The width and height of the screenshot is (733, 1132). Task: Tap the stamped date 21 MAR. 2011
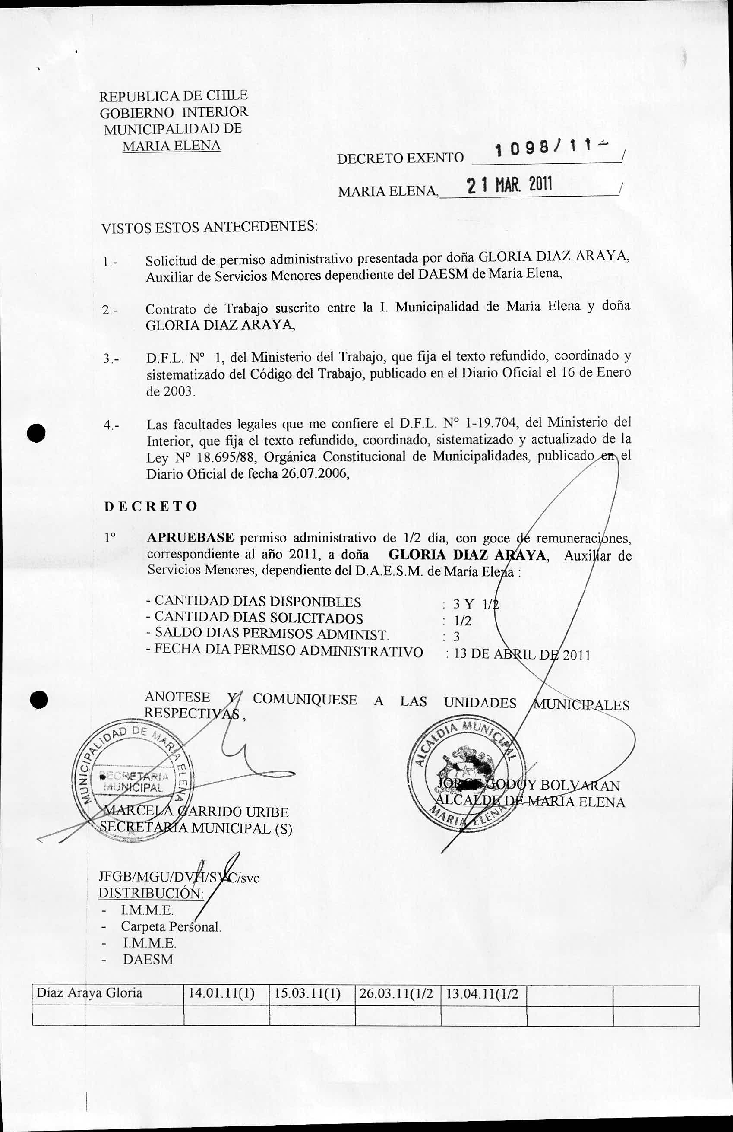(509, 185)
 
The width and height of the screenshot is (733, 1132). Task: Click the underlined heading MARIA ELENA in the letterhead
(172, 146)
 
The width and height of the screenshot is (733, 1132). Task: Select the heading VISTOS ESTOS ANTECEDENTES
(210, 227)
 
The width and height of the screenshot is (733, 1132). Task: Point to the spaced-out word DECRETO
(150, 506)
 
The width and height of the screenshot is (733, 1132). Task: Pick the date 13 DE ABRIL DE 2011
(522, 654)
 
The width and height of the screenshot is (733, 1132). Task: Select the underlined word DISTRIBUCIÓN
(151, 893)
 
